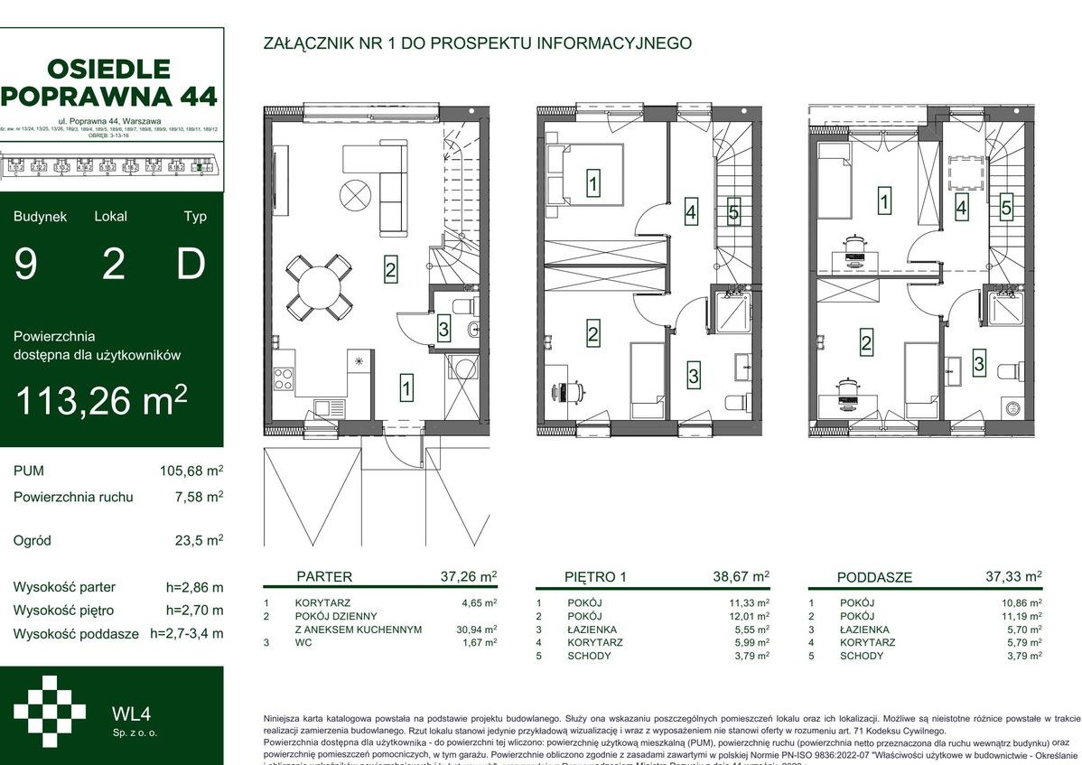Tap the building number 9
(x=26, y=265)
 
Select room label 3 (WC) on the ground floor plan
(x=443, y=330)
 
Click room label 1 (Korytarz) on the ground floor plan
(x=407, y=389)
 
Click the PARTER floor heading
(x=324, y=576)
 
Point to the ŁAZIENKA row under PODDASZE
(x=863, y=630)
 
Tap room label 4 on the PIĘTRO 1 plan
(x=691, y=214)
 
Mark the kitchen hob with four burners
(x=284, y=376)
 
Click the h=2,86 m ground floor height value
(x=194, y=587)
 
